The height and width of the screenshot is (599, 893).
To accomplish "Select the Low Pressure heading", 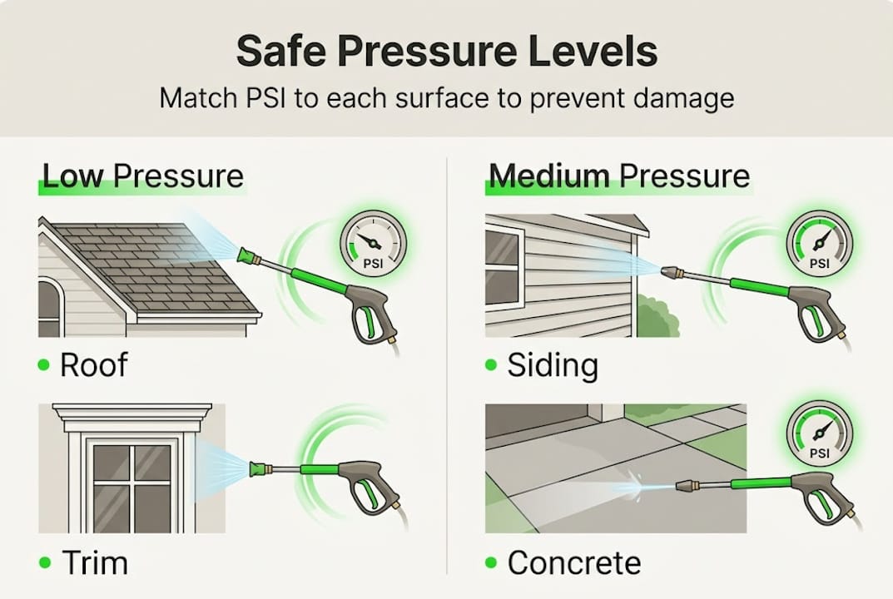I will click(x=142, y=176).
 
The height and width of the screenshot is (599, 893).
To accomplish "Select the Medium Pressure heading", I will click(x=619, y=176).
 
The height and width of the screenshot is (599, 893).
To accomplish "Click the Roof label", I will click(x=93, y=365).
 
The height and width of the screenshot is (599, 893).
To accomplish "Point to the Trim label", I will click(x=95, y=563).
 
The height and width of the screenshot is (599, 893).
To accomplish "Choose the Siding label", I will click(x=553, y=365).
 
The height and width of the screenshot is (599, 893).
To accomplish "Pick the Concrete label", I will click(x=574, y=563).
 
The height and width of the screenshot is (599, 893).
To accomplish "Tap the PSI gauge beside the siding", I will click(x=819, y=244).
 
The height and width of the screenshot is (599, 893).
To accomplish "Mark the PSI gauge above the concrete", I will click(x=819, y=433).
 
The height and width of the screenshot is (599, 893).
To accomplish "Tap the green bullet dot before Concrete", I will click(x=492, y=563).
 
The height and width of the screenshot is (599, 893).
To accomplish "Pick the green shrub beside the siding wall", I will click(x=657, y=319).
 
